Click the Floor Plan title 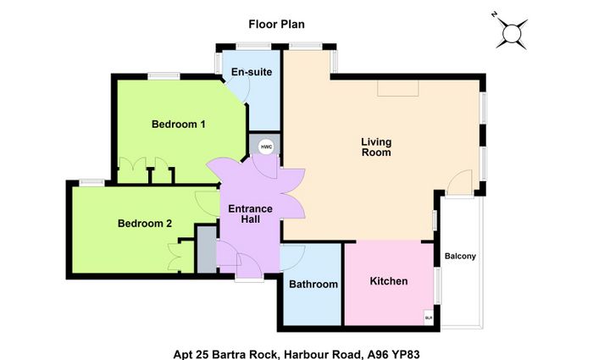click(276, 25)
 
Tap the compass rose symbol click(511, 33)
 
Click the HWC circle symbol click(266, 147)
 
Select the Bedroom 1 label click(179, 124)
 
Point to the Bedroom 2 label click(145, 223)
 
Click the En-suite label click(252, 72)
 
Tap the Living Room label click(376, 147)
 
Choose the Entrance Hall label click(251, 213)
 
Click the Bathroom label click(313, 284)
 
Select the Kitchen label click(389, 281)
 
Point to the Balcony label click(460, 256)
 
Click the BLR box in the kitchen click(429, 318)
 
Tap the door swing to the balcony click(459, 182)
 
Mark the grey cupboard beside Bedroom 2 click(207, 249)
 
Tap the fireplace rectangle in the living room click(398, 88)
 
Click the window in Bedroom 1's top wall click(163, 76)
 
